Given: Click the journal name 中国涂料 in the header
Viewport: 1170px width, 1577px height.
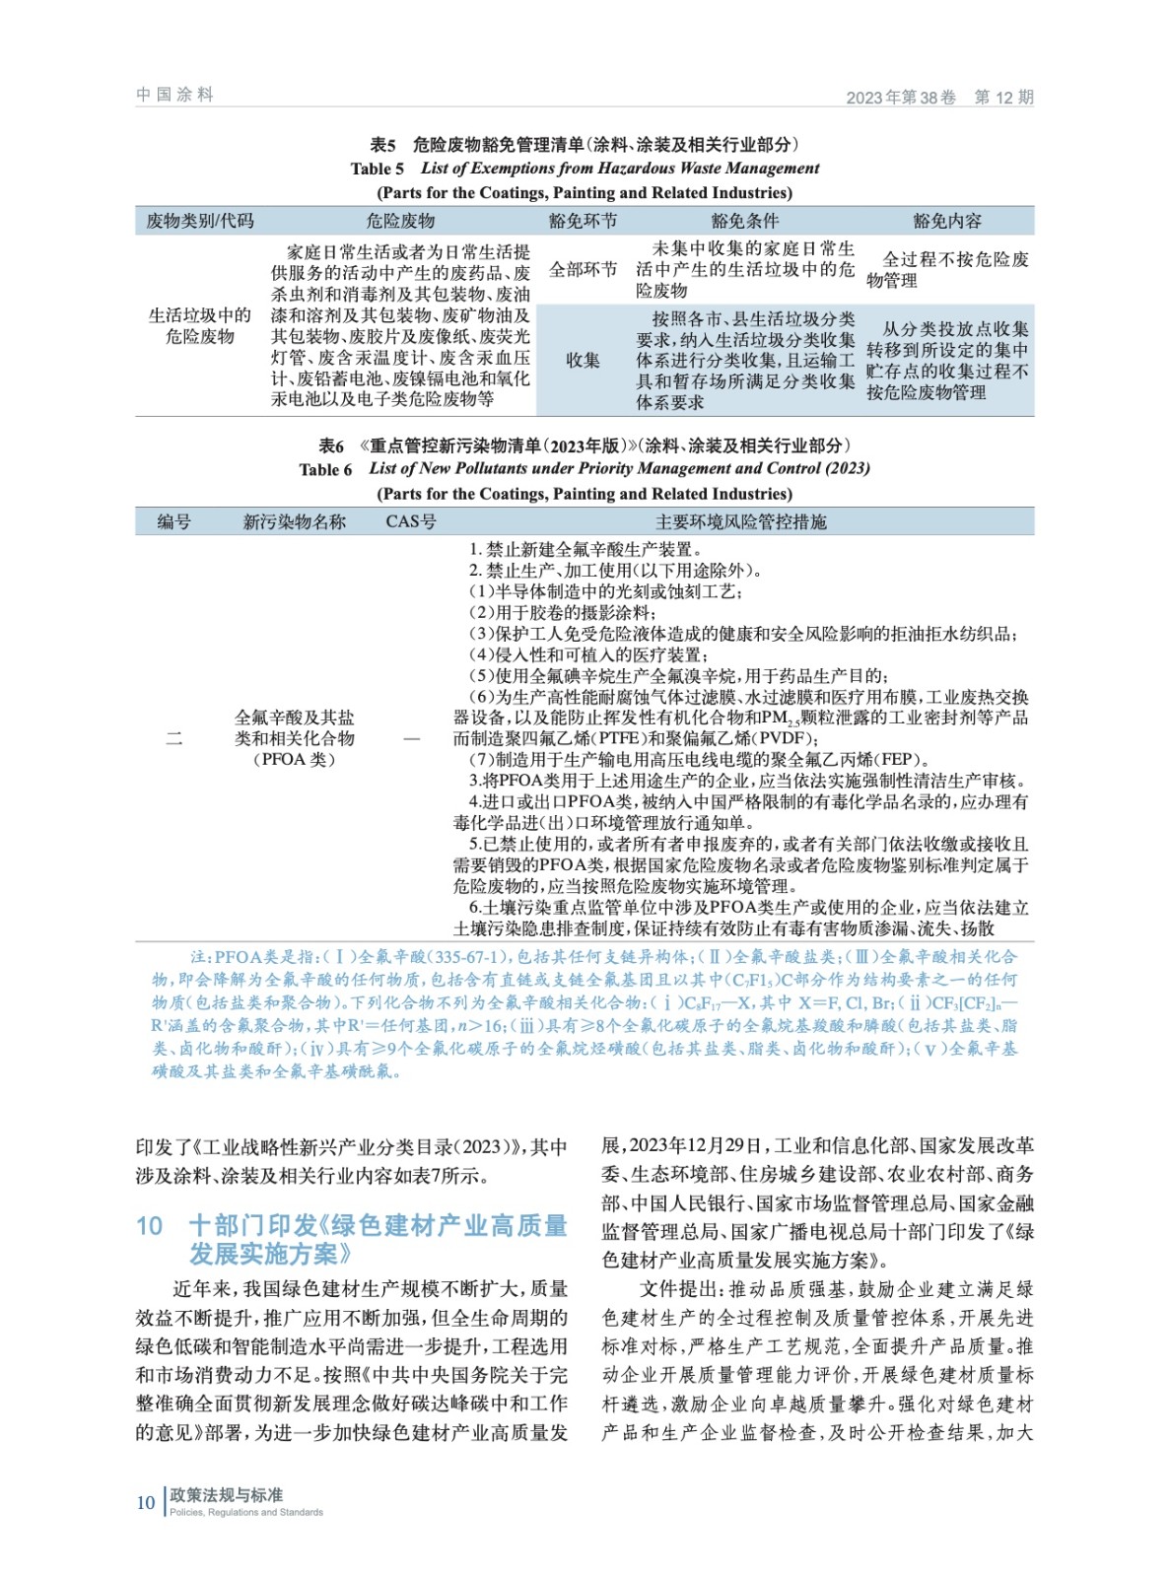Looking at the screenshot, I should tap(174, 95).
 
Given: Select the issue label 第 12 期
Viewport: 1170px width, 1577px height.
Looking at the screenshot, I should tap(1003, 97).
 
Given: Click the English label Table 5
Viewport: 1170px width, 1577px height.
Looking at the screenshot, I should tap(377, 169).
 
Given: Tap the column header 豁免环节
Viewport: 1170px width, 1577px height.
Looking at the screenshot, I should tap(583, 221).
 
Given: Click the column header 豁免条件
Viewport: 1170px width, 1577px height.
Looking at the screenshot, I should tap(745, 221).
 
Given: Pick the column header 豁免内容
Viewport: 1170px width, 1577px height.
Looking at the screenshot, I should tap(947, 221).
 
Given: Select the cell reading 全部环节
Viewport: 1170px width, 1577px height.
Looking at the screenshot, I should tap(583, 269).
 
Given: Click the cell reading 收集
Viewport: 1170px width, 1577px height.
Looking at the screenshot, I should tap(583, 360).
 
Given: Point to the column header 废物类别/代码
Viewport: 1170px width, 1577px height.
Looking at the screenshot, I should tap(200, 221).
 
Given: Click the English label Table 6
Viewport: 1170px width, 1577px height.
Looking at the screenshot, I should tap(325, 469).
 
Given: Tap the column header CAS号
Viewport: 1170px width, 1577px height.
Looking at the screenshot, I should tap(411, 521).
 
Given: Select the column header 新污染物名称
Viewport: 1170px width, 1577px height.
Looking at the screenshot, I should tap(295, 521).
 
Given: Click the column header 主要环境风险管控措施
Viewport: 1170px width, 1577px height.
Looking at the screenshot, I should tap(741, 521).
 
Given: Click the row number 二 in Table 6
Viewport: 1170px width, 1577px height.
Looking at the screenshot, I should tap(173, 738).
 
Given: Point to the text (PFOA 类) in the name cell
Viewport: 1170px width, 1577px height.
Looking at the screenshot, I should tap(295, 759).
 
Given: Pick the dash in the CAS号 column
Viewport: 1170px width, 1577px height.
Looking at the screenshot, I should tap(411, 738).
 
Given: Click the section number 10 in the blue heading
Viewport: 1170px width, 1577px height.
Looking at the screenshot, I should tap(150, 1225).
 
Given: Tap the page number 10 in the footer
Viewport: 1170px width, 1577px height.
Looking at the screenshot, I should tap(145, 1502).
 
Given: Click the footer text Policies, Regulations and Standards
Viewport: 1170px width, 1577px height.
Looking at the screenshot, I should tap(246, 1512).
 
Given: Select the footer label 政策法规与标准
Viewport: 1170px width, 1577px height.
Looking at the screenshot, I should tap(227, 1494).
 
